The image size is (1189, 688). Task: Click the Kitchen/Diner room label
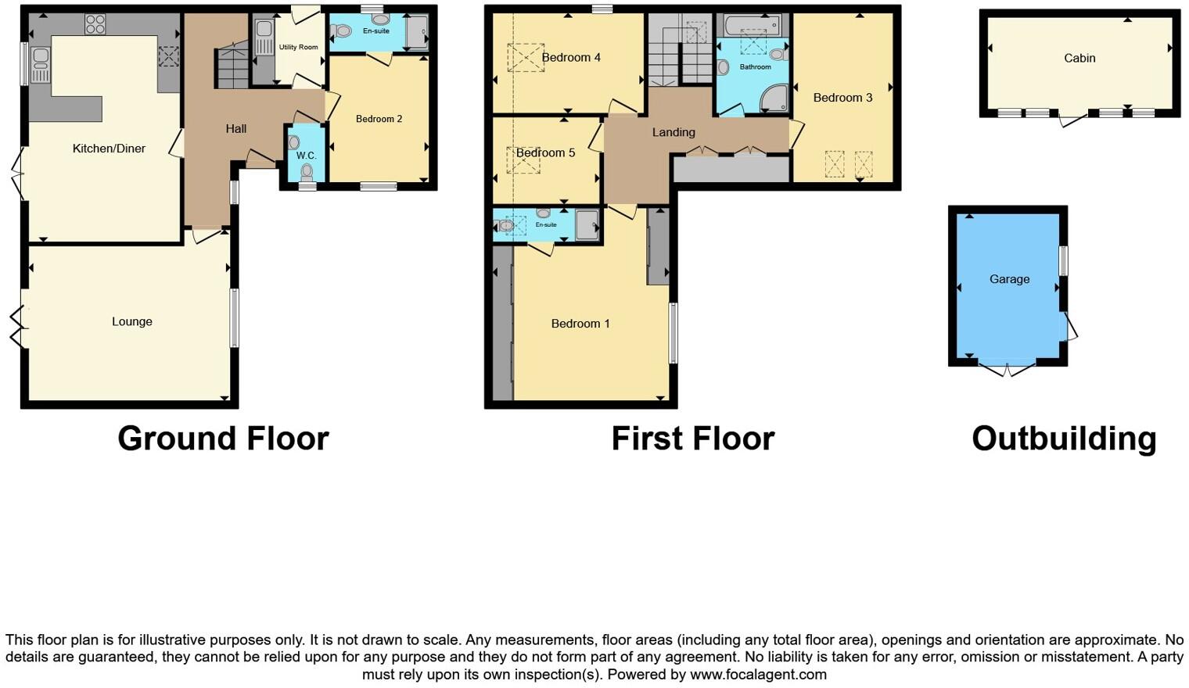pyautogui.click(x=109, y=149)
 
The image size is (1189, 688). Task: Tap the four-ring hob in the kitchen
pyautogui.click(x=95, y=25)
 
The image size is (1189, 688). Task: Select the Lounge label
pyautogui.click(x=131, y=321)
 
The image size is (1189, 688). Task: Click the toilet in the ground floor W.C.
pyautogui.click(x=307, y=171)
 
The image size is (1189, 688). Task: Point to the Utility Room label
pyautogui.click(x=298, y=47)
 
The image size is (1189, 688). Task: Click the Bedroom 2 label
pyautogui.click(x=379, y=119)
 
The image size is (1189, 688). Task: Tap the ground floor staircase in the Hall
pyautogui.click(x=232, y=66)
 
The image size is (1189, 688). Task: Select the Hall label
pyautogui.click(x=235, y=129)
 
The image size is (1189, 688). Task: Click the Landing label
pyautogui.click(x=674, y=132)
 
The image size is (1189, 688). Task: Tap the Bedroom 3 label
pyautogui.click(x=842, y=98)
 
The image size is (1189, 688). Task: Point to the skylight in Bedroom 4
pyautogui.click(x=525, y=58)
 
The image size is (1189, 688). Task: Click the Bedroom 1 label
pyautogui.click(x=580, y=324)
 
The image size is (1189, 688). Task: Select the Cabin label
pyautogui.click(x=1079, y=58)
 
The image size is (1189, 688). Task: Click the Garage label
pyautogui.click(x=1009, y=279)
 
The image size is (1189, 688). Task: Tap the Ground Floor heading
pyautogui.click(x=223, y=439)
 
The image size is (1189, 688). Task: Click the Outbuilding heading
pyautogui.click(x=1064, y=439)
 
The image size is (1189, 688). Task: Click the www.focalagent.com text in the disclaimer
pyautogui.click(x=758, y=674)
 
